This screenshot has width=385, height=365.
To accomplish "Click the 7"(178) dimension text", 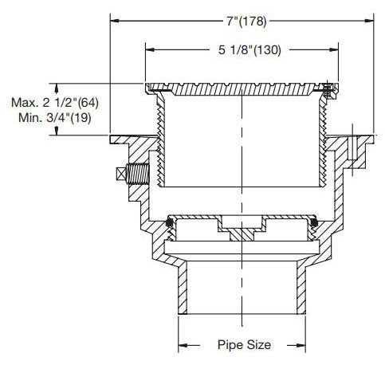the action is (x=246, y=22).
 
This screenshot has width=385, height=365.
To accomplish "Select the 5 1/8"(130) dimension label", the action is (x=249, y=50).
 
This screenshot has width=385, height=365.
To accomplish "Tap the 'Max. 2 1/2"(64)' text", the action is (x=55, y=103).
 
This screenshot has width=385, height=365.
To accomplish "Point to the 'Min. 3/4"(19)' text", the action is (x=55, y=117).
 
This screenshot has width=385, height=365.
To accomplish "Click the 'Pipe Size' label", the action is (x=244, y=345).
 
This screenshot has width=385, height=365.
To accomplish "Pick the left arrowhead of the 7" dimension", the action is (x=115, y=21).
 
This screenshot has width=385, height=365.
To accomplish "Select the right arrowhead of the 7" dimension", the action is (x=369, y=21).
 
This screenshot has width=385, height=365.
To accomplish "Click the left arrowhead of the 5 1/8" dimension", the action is (x=150, y=49).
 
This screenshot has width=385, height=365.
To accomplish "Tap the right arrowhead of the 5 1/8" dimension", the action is (x=334, y=49).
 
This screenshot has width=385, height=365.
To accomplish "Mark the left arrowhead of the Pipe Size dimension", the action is (x=183, y=345).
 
